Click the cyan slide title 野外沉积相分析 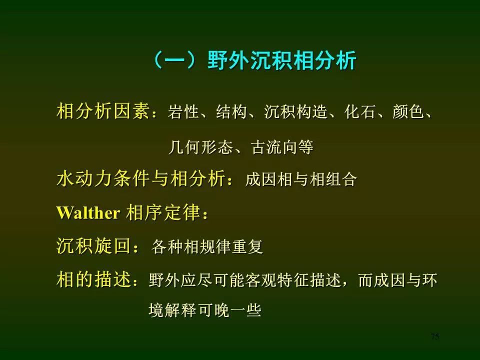click(x=282, y=60)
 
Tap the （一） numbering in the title click(x=179, y=60)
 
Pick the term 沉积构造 click(x=295, y=111)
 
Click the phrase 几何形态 click(x=200, y=147)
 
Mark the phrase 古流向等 click(x=282, y=147)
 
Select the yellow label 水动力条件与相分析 click(x=141, y=178)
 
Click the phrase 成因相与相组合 click(x=301, y=179)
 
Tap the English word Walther click(x=88, y=212)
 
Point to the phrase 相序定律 click(x=163, y=212)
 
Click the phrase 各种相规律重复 click(x=207, y=246)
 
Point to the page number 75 click(x=435, y=336)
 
